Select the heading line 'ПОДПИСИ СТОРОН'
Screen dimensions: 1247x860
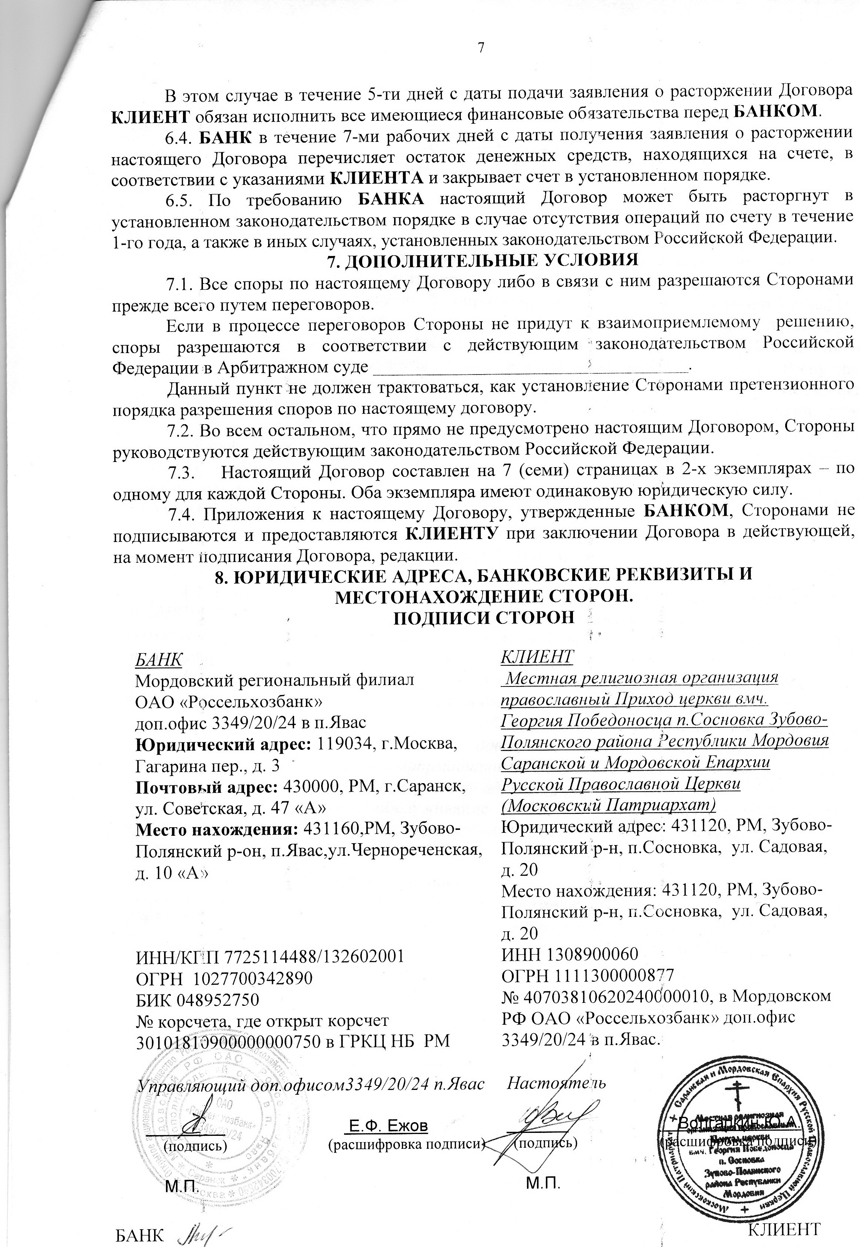click(484, 617)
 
